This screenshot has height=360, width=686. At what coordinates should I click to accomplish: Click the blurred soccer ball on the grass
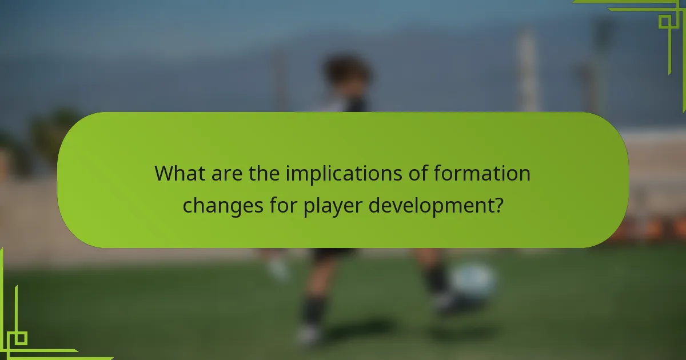click(x=473, y=281)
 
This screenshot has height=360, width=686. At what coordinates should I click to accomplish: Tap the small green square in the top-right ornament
click(x=664, y=22)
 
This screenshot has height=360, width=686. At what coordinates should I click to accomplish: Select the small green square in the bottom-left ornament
click(x=21, y=338)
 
